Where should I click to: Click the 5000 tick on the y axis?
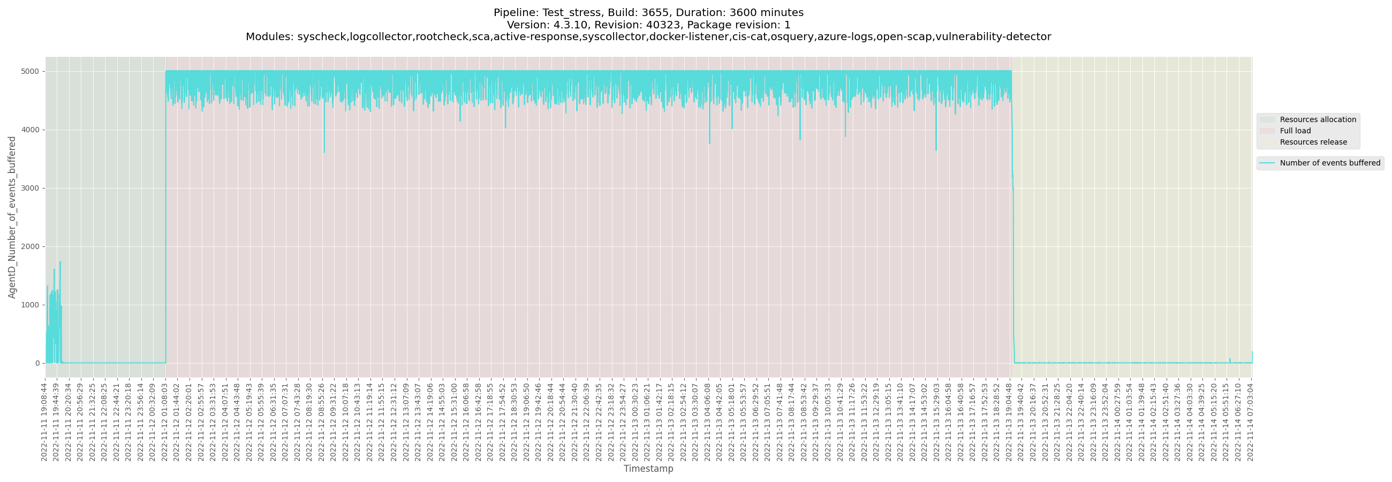click(31, 71)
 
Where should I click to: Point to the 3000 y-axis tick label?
click(31, 188)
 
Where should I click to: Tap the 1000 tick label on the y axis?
click(31, 305)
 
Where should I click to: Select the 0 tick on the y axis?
click(37, 363)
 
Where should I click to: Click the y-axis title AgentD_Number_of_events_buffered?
click(12, 217)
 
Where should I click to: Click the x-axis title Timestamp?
click(648, 469)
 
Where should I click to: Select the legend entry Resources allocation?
click(1318, 119)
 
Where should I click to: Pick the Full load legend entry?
click(1295, 131)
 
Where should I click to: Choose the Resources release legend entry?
click(1313, 142)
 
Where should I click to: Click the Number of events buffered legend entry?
click(1329, 163)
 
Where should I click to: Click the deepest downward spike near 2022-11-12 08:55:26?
click(324, 152)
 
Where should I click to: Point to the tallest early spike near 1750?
click(60, 262)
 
